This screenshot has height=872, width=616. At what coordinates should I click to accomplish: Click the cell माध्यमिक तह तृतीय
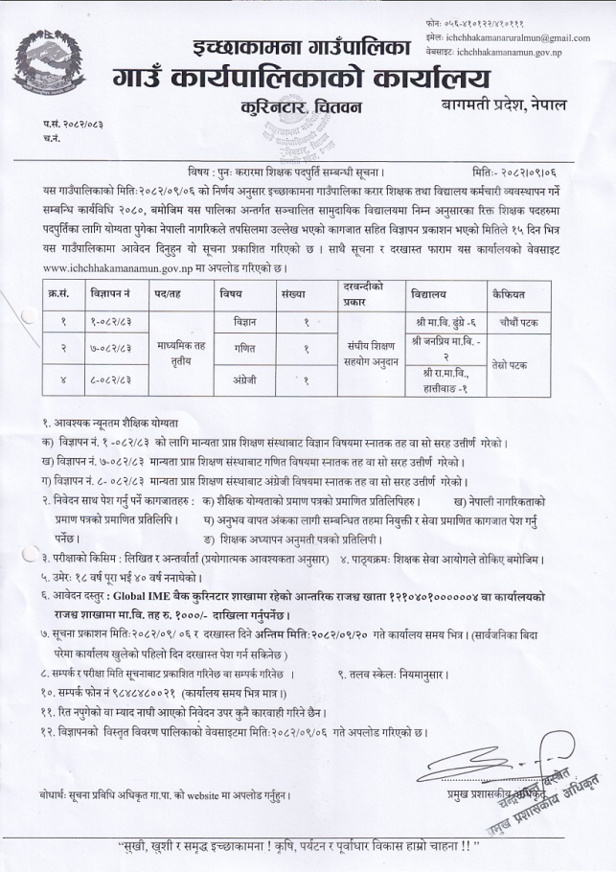point(167,353)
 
